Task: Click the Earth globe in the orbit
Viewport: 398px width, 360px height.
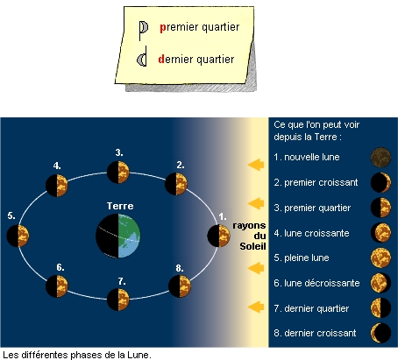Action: point(118,236)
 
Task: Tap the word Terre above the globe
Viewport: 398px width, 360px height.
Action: point(120,206)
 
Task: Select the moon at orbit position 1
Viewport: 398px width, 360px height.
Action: point(218,236)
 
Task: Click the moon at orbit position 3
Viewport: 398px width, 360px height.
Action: point(118,173)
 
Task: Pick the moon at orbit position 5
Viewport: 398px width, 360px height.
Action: point(18,236)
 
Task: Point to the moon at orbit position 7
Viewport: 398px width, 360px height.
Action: point(118,300)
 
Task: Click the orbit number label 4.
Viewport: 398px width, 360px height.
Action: point(57,166)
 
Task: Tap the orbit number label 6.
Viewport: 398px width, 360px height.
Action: point(60,267)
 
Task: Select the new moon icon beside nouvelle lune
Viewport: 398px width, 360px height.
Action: point(380,158)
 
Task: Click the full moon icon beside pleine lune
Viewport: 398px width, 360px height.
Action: point(380,258)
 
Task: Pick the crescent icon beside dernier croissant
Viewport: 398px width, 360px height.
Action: point(380,333)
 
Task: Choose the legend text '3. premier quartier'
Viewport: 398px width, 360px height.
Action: point(312,208)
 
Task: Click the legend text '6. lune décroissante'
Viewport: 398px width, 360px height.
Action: point(316,283)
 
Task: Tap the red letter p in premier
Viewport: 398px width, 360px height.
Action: point(163,27)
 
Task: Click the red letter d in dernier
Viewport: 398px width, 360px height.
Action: point(161,59)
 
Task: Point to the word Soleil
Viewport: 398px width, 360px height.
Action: point(252,246)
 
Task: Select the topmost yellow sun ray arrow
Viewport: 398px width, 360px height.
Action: point(256,165)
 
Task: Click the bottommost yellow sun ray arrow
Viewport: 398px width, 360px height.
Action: point(256,307)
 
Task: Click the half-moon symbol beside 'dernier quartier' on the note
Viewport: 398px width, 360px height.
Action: point(142,60)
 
